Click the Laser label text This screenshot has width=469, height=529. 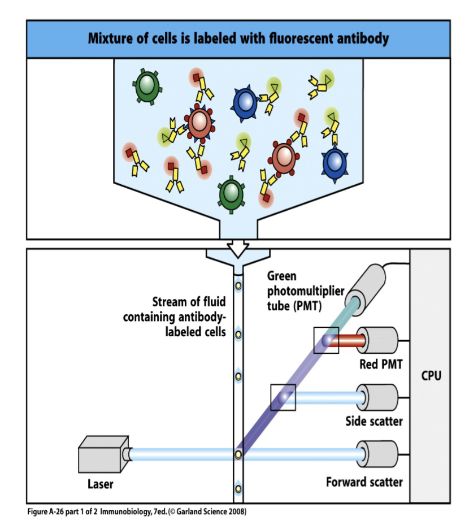(100, 484)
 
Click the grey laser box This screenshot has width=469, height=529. (103, 454)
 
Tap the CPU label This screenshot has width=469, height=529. (431, 375)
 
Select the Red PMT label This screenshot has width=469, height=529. (381, 365)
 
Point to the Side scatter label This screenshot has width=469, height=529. (374, 421)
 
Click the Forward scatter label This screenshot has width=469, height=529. (364, 482)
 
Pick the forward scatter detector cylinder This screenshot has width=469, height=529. (377, 454)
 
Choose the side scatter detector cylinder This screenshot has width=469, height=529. (377, 397)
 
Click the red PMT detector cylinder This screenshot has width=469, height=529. (377, 340)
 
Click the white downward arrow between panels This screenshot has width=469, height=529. (238, 249)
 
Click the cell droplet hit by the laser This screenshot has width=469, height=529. (238, 455)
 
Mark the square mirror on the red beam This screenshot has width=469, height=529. (326, 340)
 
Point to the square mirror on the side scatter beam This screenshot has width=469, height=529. (283, 397)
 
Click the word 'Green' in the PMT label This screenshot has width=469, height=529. (282, 276)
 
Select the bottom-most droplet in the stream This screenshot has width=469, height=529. (238, 488)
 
